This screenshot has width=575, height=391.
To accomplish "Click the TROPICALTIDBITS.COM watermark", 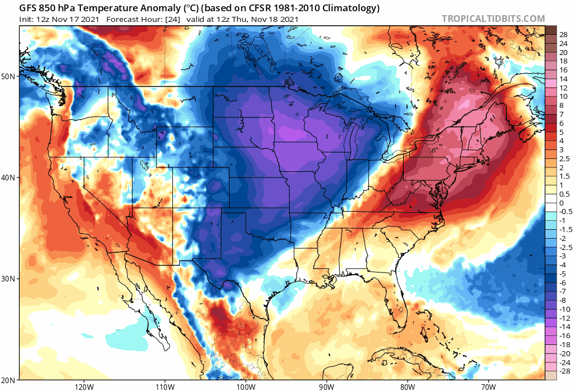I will [493, 19].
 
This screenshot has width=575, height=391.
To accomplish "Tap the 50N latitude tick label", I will [10, 76].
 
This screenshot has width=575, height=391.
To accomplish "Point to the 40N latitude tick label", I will [10, 178].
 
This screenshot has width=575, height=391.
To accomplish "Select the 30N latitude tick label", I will [10, 279].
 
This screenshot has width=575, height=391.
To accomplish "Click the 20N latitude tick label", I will [10, 380].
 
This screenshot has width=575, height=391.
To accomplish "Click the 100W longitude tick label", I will [245, 386].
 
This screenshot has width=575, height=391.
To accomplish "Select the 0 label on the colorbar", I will [562, 203].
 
